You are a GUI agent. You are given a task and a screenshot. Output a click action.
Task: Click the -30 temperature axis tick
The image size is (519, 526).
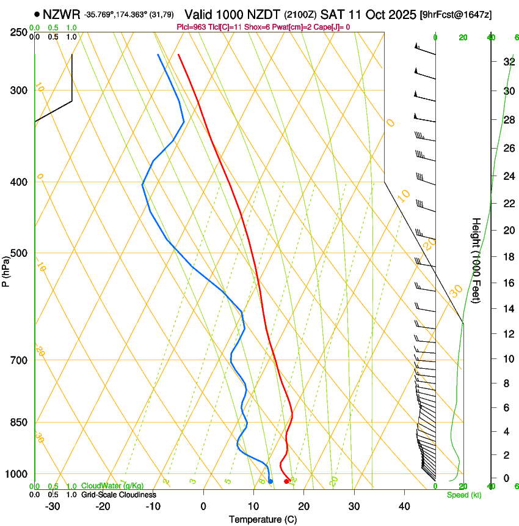pos(53,506)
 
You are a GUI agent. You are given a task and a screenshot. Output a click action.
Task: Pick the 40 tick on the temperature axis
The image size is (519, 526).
pos(404,506)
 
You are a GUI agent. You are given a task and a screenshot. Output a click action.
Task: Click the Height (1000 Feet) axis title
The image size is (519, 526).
pos(476,260)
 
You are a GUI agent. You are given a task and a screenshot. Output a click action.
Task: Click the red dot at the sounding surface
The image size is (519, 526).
pos(286,481)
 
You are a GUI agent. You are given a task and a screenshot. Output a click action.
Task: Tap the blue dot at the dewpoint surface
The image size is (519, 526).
pos(270,481)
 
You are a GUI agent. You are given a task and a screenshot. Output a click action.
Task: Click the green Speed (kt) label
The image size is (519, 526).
pos(463,495)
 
